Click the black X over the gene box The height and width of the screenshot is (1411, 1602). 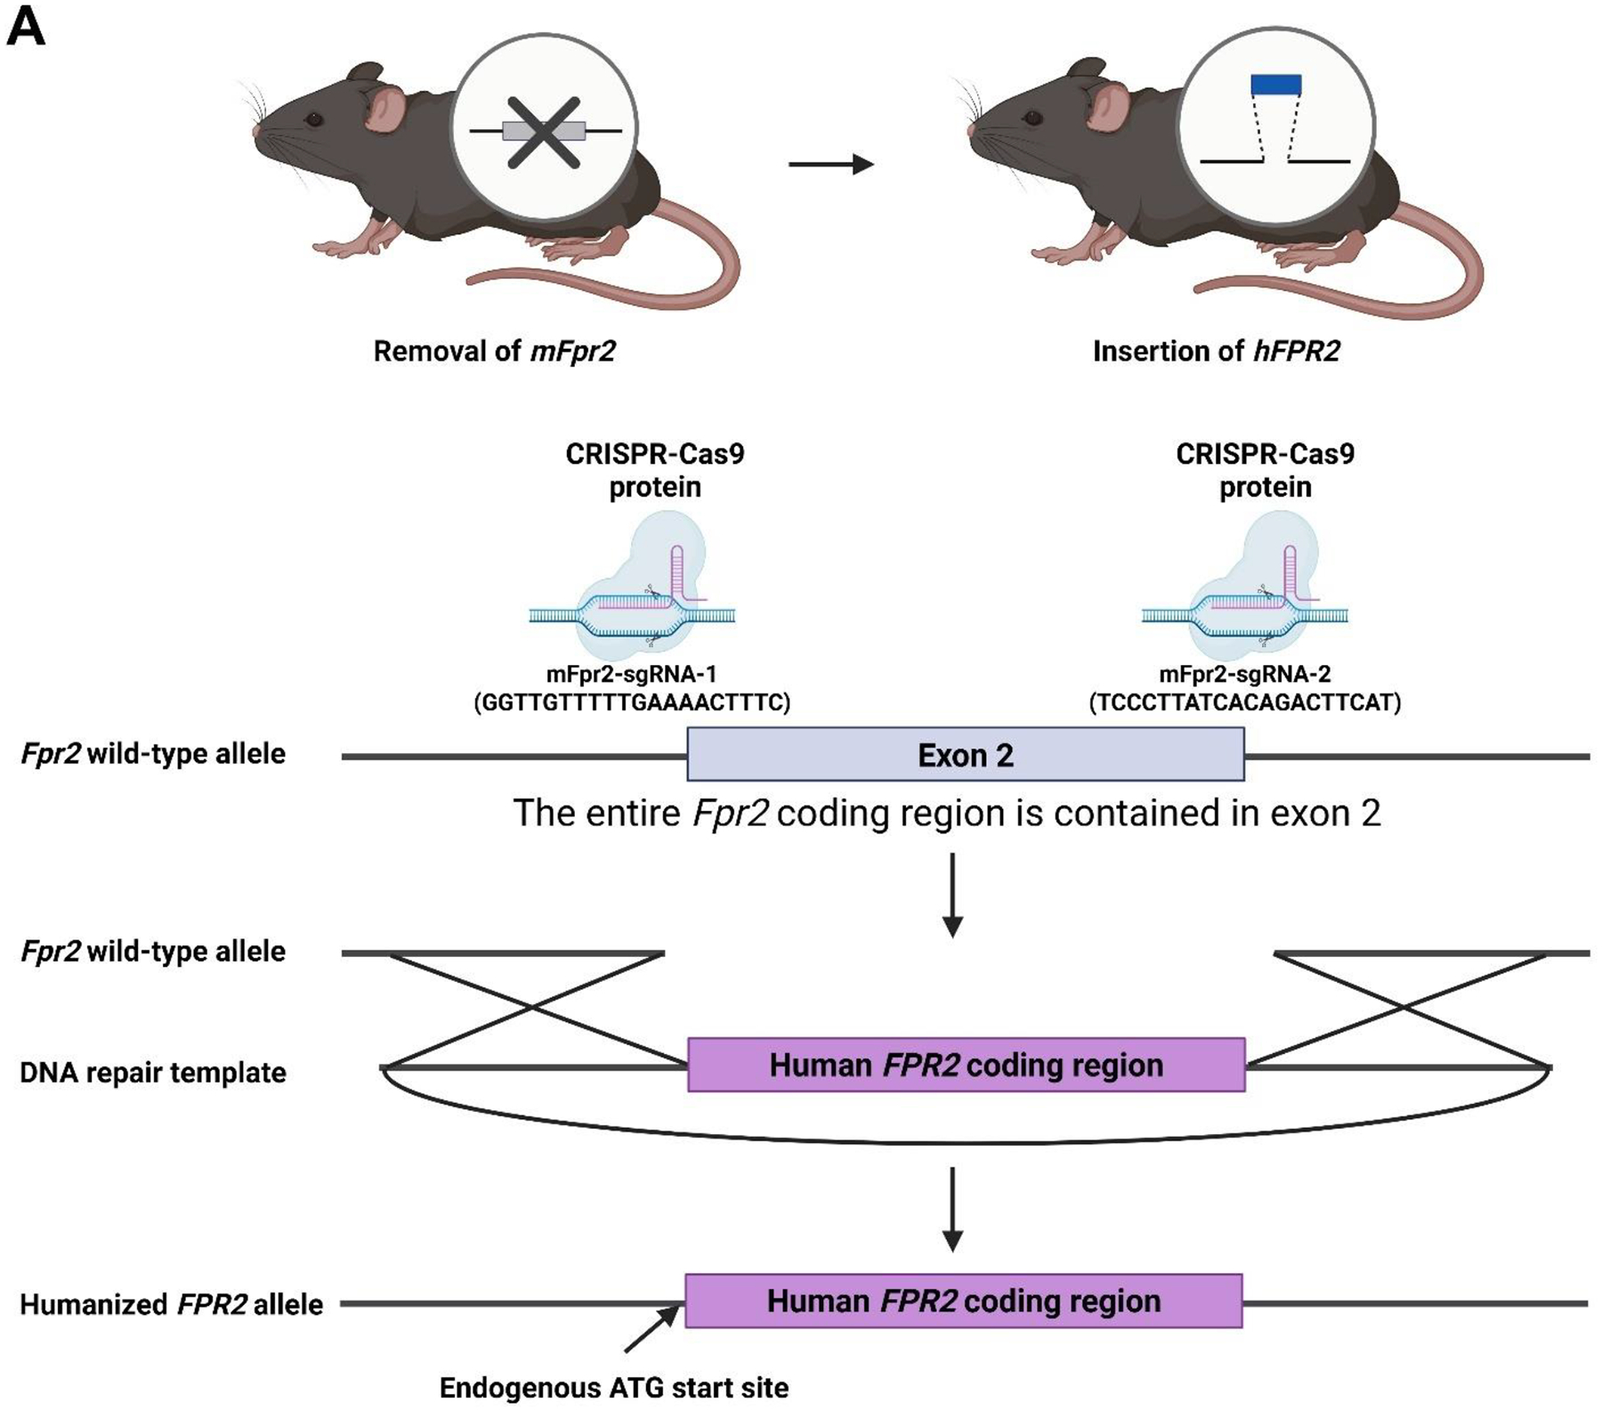click(543, 133)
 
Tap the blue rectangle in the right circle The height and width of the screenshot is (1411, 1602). click(1276, 85)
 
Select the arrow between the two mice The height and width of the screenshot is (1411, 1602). click(830, 164)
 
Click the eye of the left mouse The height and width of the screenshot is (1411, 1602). click(313, 118)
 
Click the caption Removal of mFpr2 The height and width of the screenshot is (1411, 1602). click(494, 352)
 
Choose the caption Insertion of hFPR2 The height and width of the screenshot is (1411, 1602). click(1216, 352)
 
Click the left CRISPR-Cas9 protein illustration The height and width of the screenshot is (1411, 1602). click(634, 592)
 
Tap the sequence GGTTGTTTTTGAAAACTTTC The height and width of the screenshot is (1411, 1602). click(632, 703)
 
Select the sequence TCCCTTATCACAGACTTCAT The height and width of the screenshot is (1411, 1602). click(1245, 703)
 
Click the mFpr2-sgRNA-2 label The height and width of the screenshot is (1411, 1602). click(1244, 675)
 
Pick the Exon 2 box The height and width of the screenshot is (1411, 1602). click(966, 755)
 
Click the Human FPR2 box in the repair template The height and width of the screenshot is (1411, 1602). click(967, 1066)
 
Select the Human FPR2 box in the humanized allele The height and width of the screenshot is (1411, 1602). click(964, 1302)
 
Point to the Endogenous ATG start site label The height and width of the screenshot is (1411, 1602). click(614, 1388)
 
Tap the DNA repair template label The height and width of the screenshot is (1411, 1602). click(153, 1073)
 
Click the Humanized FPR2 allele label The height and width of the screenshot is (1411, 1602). click(171, 1305)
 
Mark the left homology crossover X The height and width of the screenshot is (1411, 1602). click(532, 1009)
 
